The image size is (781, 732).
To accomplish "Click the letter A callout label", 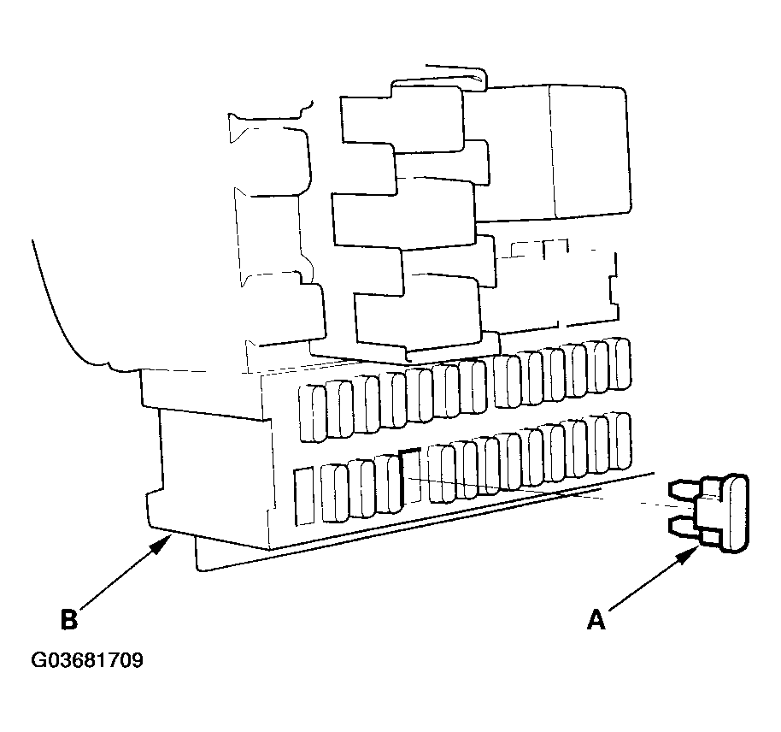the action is [596, 620].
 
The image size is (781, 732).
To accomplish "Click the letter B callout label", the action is [69, 619].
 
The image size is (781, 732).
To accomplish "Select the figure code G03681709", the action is [87, 660].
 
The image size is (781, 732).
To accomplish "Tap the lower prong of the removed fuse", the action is [685, 528].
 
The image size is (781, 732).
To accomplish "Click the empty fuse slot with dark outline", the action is [410, 476].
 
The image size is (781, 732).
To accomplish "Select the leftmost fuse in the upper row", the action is [313, 413].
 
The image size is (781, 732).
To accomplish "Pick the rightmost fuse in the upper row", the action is [618, 363].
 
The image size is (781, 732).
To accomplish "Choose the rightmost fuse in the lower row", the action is [618, 440].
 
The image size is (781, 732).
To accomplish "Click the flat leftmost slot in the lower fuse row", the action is [304, 496].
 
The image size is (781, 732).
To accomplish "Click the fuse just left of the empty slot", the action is [388, 484].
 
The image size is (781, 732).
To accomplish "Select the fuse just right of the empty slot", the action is [441, 473].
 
